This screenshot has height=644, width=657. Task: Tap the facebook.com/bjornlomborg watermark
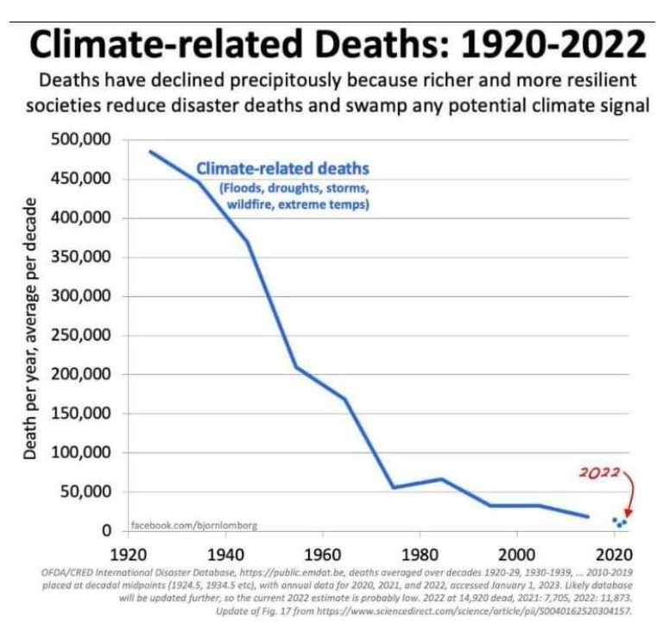point(193,525)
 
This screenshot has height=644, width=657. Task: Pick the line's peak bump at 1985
point(441,479)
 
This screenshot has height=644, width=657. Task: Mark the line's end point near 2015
point(588,517)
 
